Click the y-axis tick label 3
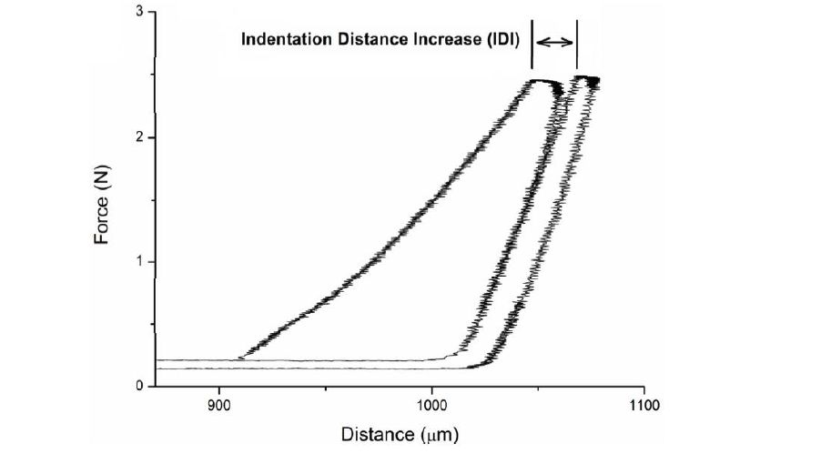pos(139,13)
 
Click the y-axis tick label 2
pos(139,137)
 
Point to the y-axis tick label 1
pos(139,262)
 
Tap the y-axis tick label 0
pos(139,387)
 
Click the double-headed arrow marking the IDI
pos(554,42)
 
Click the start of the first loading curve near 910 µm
pos(240,358)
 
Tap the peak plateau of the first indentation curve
pos(544,82)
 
